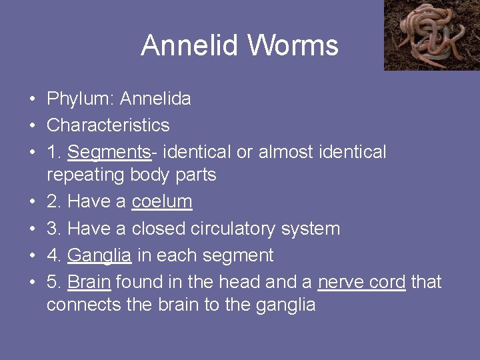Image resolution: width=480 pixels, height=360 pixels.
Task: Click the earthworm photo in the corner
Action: coord(431,35)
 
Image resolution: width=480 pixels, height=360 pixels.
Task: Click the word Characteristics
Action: coord(108,125)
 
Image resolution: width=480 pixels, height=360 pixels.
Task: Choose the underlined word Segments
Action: coord(109,152)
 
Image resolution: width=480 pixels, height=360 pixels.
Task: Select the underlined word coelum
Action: coord(162,201)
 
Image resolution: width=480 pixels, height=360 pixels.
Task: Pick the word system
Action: coord(311,229)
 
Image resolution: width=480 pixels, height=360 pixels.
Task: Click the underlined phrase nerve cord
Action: coord(361,281)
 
